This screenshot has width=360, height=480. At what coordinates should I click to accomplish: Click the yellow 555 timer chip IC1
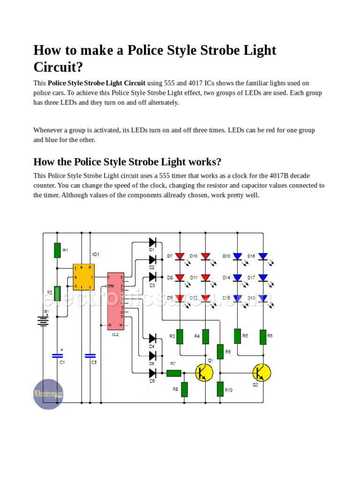point(83,277)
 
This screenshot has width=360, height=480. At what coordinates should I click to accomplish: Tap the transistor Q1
point(204,373)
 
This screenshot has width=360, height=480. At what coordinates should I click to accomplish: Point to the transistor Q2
point(262,373)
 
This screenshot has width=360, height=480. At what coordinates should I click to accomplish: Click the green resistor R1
point(57,250)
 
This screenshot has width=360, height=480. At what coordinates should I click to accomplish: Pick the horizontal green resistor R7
point(174,373)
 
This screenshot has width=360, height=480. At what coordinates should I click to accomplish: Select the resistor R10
point(220,389)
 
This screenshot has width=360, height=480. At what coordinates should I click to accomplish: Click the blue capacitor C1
point(57,356)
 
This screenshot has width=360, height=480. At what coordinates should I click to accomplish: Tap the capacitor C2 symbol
point(90,356)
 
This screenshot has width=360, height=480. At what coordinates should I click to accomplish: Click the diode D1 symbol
point(152,242)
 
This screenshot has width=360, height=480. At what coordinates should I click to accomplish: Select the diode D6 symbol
point(152,373)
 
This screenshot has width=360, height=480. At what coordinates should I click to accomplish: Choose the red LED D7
point(180,256)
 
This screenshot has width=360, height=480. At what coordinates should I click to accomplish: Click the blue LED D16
point(263,256)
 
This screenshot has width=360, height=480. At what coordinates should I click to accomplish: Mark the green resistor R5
point(237,336)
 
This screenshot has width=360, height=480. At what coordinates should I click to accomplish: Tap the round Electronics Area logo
point(48,394)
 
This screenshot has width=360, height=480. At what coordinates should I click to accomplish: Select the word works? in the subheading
point(204,162)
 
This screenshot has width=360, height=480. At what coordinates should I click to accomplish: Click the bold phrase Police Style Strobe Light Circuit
point(97,83)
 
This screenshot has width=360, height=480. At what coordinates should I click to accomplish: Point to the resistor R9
point(220,352)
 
